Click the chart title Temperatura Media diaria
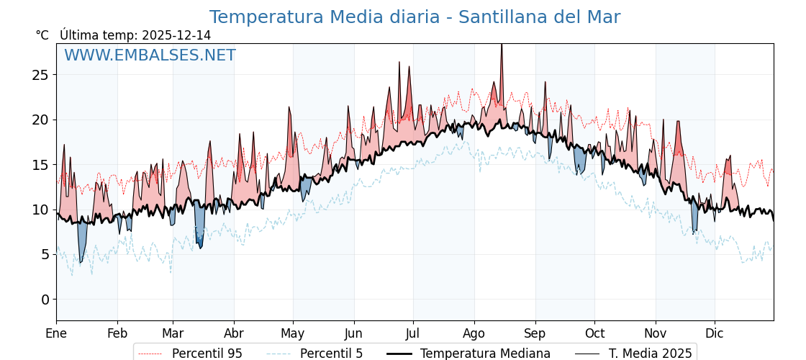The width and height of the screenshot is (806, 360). (415, 17)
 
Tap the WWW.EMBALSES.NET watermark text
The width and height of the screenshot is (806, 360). (150, 55)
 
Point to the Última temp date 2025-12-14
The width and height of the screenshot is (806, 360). (176, 35)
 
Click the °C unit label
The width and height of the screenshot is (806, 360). (42, 35)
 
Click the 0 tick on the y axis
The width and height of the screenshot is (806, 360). (45, 300)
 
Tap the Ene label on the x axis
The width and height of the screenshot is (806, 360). (56, 333)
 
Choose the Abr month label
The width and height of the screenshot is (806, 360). (234, 333)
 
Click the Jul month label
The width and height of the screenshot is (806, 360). (413, 333)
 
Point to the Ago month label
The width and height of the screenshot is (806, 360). (474, 333)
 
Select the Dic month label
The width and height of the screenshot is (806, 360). (715, 333)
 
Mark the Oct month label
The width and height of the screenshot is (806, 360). (594, 333)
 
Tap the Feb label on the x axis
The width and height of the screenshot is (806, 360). (117, 333)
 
